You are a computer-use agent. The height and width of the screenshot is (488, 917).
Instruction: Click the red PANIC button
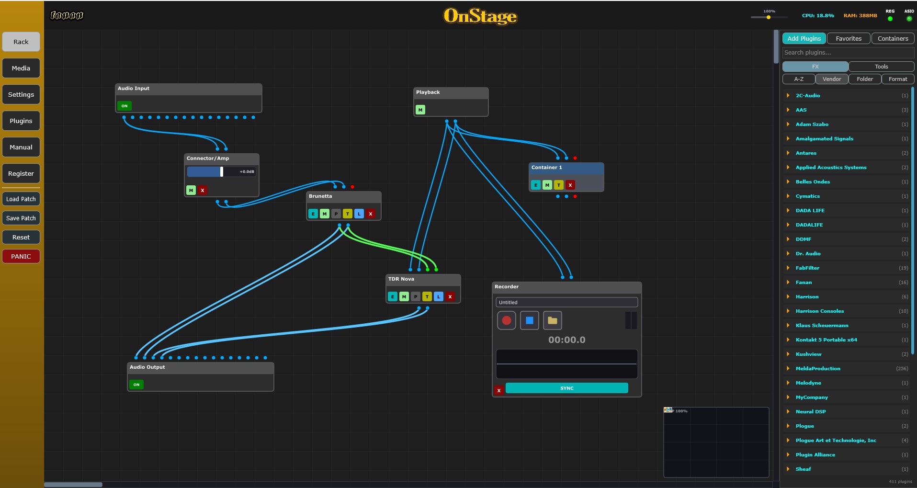click(x=21, y=256)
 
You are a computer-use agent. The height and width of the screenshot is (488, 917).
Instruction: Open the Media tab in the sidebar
click(x=21, y=68)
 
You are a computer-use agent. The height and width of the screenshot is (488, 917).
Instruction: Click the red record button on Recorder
click(x=507, y=320)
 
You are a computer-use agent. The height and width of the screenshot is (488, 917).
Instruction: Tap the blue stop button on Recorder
click(x=530, y=320)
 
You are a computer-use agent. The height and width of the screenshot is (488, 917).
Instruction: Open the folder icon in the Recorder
click(x=553, y=320)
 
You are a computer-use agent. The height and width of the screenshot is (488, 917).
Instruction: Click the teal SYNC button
click(x=567, y=388)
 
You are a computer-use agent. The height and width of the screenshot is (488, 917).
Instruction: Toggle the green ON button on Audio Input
click(x=125, y=106)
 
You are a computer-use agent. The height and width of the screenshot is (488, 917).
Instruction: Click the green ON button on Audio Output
click(x=136, y=385)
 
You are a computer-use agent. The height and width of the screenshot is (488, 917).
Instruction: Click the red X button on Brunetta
click(x=371, y=214)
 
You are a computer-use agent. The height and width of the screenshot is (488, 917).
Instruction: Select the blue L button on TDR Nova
click(x=439, y=296)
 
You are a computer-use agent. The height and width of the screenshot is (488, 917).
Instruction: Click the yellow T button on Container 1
click(x=559, y=185)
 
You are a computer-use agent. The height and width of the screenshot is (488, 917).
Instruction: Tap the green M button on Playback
click(x=420, y=110)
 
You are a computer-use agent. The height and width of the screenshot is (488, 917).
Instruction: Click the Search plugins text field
click(x=848, y=53)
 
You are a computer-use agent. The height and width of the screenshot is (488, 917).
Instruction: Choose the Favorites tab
click(x=849, y=38)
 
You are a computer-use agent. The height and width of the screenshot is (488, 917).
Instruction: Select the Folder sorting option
click(x=865, y=79)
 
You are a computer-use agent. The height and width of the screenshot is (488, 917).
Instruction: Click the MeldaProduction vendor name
click(x=818, y=368)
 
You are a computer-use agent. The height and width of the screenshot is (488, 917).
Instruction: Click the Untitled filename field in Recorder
click(x=567, y=302)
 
